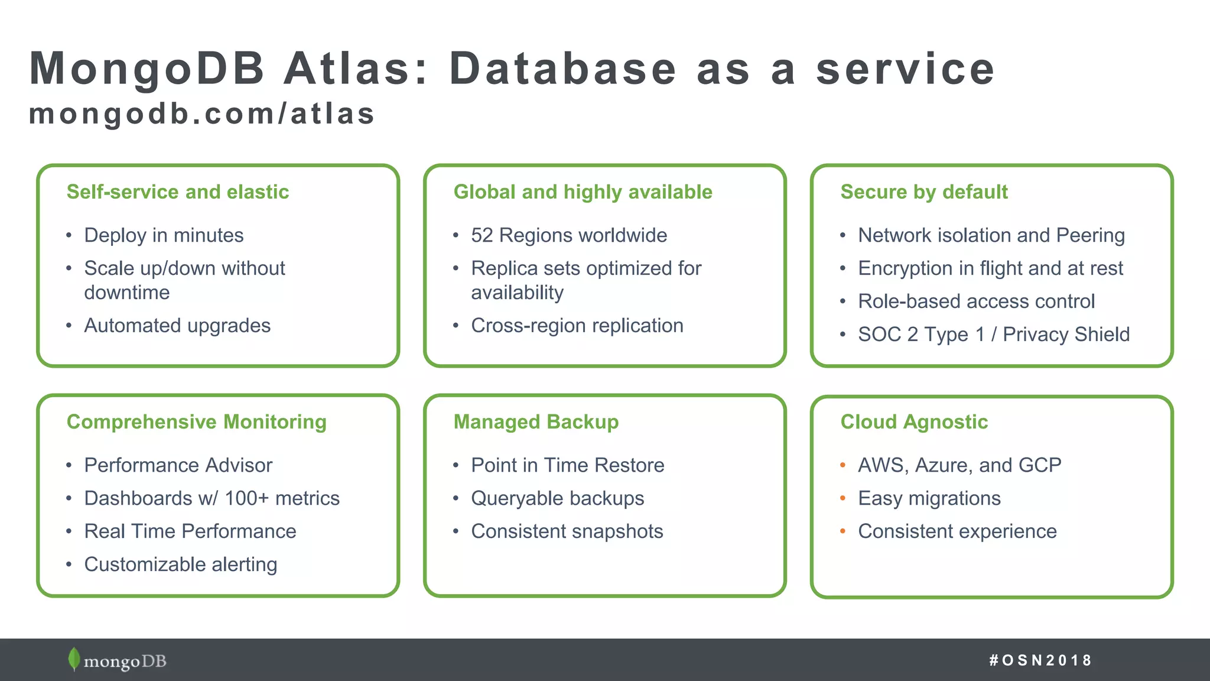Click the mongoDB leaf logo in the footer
(74, 659)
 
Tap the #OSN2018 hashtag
(1040, 660)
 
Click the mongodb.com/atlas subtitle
(201, 113)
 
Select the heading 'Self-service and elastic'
(178, 192)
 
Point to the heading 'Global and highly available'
(583, 192)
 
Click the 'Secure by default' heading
(923, 192)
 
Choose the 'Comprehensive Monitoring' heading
(196, 422)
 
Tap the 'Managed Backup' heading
(536, 422)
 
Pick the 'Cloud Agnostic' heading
(913, 422)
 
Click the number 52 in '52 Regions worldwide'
(482, 235)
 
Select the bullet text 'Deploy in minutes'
(164, 235)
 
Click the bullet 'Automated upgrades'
(177, 326)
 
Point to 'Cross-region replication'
(577, 326)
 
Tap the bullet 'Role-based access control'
(976, 301)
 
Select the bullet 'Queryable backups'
(557, 498)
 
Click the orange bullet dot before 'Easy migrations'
(843, 498)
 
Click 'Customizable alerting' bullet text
(180, 565)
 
